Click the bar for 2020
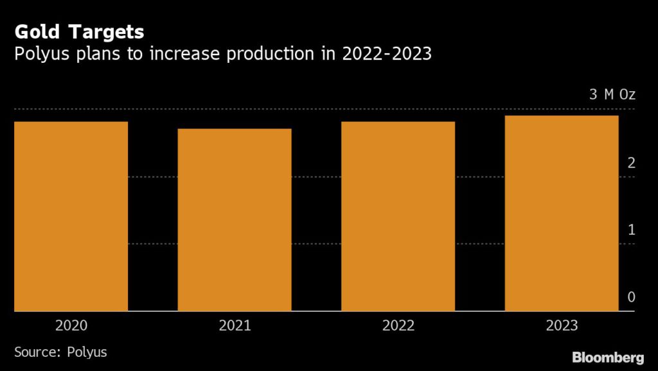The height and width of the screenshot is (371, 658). coord(71,216)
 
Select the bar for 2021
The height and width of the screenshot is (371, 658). coord(235,220)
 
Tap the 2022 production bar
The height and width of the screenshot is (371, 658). coord(398,216)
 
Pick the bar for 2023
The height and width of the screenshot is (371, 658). coord(562,213)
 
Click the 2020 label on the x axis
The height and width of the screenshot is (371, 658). coord(71,325)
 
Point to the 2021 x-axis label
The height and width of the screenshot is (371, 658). coord(235,325)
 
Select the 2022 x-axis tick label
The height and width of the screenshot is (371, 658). coord(398,325)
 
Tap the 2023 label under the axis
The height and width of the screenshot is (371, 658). coord(562,325)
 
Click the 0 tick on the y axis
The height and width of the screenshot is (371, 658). coord(631,297)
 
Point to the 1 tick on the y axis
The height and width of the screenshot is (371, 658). coord(631,229)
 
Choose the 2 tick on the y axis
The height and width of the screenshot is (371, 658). coord(631,162)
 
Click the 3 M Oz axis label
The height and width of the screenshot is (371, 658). coord(612,95)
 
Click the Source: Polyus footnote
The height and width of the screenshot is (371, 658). coord(60,352)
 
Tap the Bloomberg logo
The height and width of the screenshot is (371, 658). coord(608,357)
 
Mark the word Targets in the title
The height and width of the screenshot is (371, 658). coord(105,32)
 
